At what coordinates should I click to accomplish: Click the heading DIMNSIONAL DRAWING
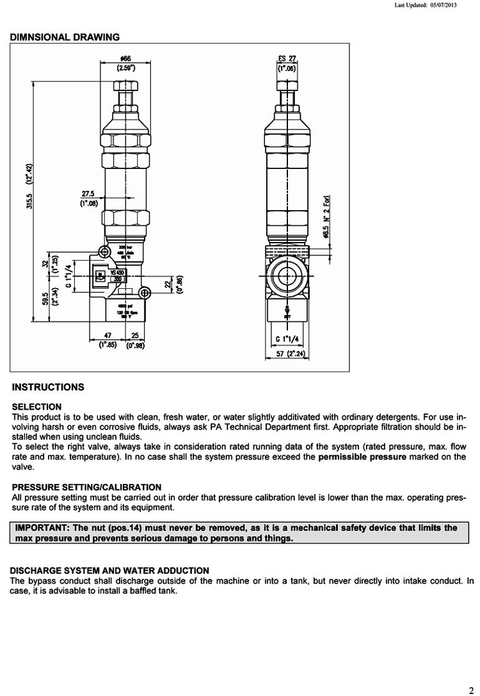(65, 37)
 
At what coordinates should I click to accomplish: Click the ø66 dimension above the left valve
(125, 59)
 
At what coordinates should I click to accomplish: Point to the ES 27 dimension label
(286, 59)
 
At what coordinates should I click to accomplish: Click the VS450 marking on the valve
(117, 272)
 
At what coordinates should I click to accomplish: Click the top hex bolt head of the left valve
(125, 86)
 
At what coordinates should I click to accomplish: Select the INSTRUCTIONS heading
(48, 387)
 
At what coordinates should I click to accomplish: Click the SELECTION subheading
(37, 407)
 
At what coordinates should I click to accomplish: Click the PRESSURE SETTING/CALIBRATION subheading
(86, 487)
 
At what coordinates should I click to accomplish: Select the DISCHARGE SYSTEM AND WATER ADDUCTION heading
(110, 571)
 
